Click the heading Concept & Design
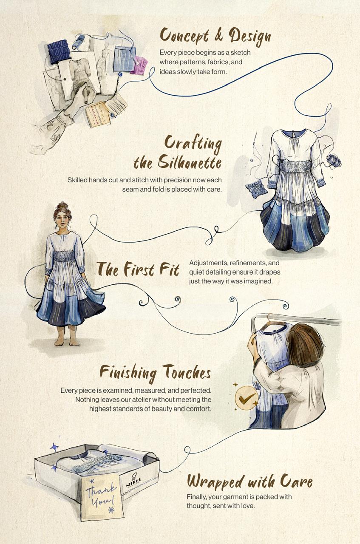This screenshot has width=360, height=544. pyautogui.click(x=215, y=37)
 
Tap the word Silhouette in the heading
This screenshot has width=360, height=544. pyautogui.click(x=190, y=162)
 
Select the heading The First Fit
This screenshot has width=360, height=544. pyautogui.click(x=138, y=269)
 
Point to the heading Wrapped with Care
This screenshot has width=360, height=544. pyautogui.click(x=250, y=481)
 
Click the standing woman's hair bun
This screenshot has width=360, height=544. pyautogui.click(x=62, y=205)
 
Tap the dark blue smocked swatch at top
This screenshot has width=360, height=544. pyautogui.click(x=58, y=51)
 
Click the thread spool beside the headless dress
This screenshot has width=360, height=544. pyautogui.click(x=334, y=160)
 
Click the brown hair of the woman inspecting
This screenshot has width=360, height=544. pyautogui.click(x=305, y=345)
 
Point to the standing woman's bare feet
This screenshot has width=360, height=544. pyautogui.click(x=66, y=341)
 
